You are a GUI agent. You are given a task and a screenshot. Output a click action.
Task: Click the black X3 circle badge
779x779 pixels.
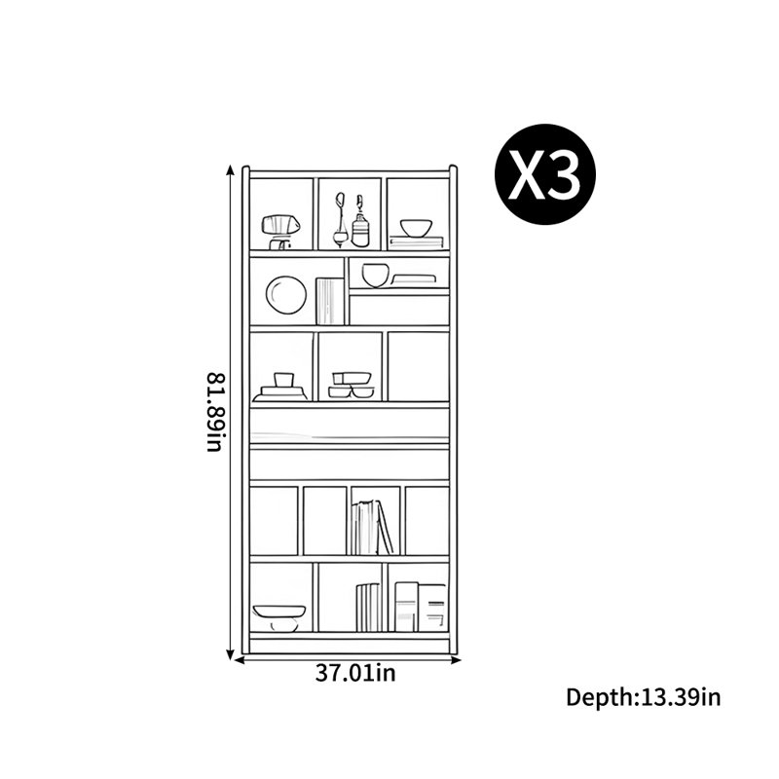coord(544,174)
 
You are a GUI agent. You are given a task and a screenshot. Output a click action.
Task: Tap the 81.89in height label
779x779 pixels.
coord(216,412)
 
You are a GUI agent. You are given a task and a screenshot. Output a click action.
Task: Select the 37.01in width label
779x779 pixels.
coord(355,673)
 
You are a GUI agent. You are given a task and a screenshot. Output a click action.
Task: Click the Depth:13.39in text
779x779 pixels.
coord(644,697)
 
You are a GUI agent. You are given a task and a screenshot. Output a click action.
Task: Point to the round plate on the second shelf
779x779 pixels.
coord(286,295)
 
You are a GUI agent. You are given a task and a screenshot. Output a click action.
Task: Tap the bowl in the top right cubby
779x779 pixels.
coord(417,228)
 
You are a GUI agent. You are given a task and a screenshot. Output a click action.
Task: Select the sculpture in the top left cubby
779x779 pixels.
coord(280,232)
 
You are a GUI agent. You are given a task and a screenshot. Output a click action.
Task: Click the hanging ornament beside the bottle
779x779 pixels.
coord(340,219)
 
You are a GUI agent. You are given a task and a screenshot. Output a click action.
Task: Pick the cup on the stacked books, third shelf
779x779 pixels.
coord(283,380)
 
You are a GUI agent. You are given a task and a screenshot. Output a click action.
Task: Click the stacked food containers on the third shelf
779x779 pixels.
coord(352,385)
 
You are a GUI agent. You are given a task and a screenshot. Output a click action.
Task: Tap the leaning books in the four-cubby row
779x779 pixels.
coord(373,527)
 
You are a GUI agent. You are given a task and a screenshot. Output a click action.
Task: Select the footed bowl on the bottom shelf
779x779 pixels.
coord(278,618)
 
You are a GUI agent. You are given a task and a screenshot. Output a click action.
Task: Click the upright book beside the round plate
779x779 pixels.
coord(330,301)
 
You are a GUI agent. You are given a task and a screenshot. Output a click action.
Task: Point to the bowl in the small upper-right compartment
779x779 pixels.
coord(375,276)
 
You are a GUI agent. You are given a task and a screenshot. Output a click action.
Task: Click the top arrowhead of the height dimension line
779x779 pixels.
coord(230,169)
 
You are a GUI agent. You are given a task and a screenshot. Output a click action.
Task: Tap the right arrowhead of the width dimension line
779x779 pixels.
coord(457,660)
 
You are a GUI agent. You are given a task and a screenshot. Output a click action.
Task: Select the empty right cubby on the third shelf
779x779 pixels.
coord(419,366)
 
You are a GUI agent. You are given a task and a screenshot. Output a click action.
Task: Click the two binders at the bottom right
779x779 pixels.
coord(421,607)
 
